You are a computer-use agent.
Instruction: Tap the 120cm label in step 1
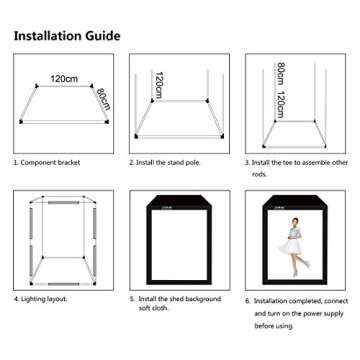(x=64, y=78)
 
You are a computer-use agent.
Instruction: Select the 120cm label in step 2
(x=157, y=86)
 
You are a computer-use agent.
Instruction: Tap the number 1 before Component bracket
(x=15, y=160)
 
